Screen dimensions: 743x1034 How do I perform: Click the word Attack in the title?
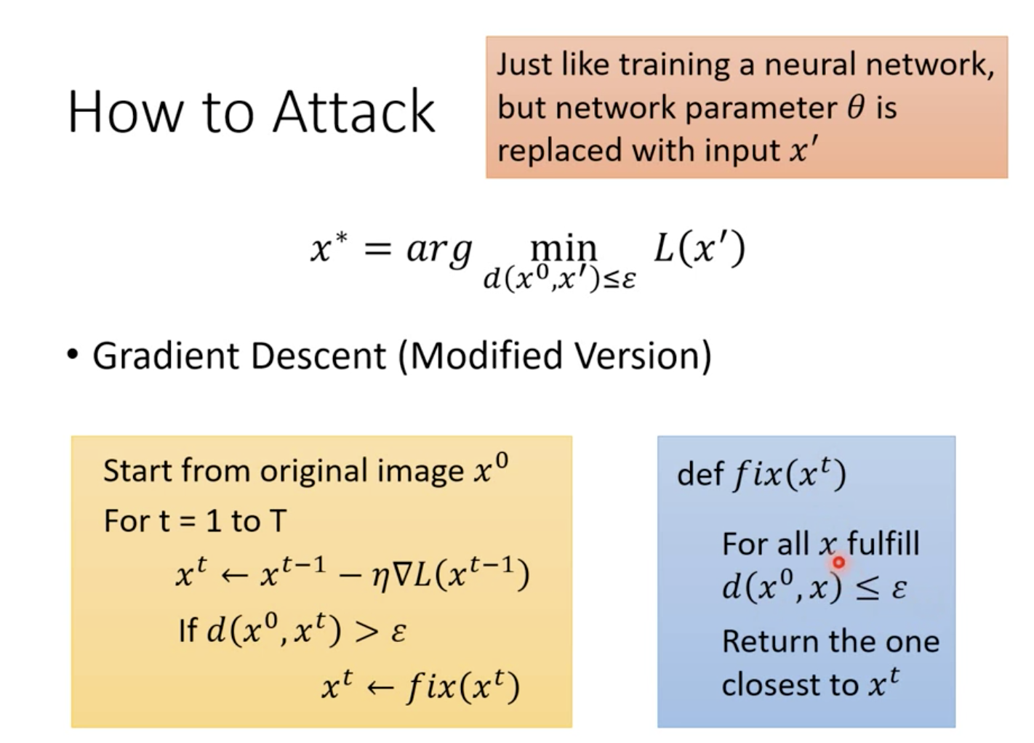pos(353,113)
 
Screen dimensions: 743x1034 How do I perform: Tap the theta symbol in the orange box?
pos(856,108)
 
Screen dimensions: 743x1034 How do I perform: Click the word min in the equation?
pos(564,248)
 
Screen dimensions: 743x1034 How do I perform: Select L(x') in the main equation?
pos(699,249)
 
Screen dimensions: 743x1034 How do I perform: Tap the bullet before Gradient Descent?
pos(72,356)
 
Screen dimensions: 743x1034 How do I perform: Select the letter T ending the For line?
pos(278,521)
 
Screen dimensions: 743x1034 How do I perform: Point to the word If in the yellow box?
pos(187,630)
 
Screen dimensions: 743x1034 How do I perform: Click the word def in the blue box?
pos(700,475)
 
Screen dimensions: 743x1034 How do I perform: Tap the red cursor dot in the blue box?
pos(838,562)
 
